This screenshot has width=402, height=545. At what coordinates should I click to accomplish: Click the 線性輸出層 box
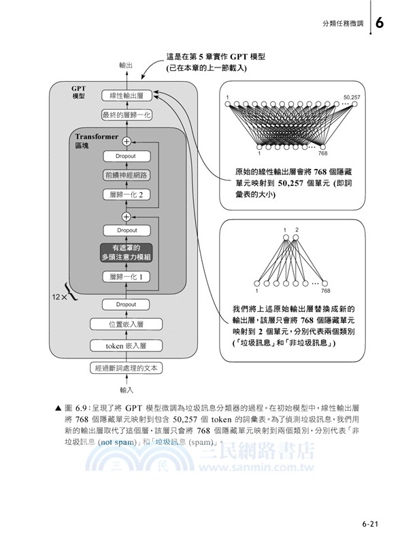pos(125,96)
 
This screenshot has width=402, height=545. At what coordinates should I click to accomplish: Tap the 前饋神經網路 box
pos(125,175)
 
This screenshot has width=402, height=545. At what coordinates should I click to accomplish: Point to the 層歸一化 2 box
pos(125,194)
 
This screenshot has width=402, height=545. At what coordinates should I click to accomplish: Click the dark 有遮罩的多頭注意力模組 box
pos(125,252)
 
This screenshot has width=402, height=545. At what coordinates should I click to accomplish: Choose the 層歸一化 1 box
pos(125,277)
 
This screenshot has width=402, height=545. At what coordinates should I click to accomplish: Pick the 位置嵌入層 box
pos(125,325)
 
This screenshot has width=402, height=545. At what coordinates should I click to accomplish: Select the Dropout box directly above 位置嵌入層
pos(125,305)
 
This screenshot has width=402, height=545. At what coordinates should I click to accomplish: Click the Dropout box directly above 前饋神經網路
pos(125,156)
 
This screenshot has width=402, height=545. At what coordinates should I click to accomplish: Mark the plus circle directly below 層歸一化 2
pos(125,216)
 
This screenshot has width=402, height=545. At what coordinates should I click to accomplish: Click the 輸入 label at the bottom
pos(126,390)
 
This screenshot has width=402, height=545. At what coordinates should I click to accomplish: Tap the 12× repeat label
pos(61,298)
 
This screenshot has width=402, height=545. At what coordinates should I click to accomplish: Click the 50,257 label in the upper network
pos(352,97)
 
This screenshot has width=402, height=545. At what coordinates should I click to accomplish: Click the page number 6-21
pos(373,525)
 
